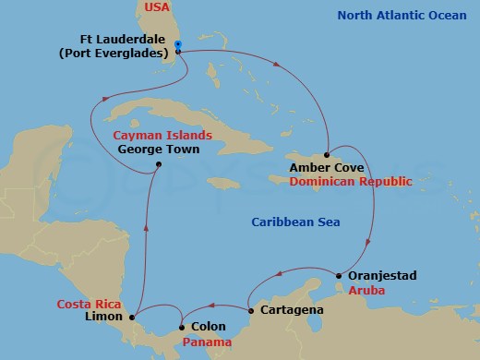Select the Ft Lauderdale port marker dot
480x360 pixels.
177,52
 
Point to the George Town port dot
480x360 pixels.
159,165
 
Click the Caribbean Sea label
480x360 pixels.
296,222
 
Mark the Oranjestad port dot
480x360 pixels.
339,276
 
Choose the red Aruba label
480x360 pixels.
365,291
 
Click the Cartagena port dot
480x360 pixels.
250,309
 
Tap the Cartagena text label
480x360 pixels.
292,310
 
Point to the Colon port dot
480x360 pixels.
181,326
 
